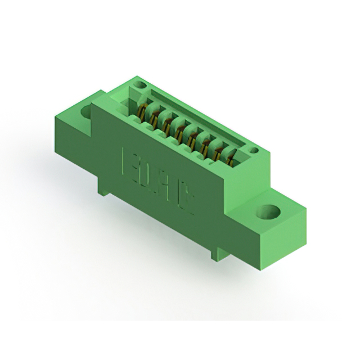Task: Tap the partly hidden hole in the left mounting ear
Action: (x=86, y=111)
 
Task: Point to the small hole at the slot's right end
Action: (x=253, y=150)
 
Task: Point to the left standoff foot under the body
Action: (x=102, y=188)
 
